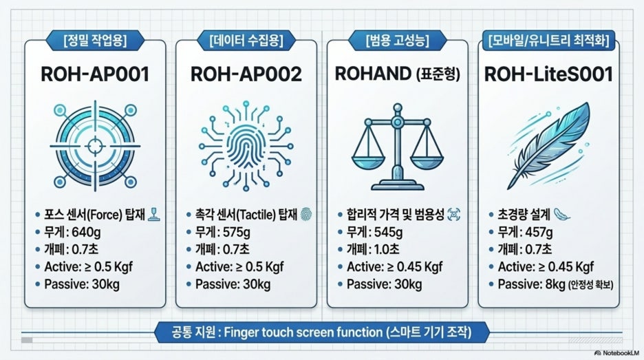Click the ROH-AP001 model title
95,74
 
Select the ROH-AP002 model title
246,74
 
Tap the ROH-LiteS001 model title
548,74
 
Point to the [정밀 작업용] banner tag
95,41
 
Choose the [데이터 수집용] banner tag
246,41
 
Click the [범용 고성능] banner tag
397,41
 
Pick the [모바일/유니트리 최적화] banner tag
549,41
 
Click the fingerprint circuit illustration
246,145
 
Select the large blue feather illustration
549,146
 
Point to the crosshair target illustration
95,145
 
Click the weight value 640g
86,233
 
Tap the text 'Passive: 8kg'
531,284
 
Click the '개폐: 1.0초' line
373,249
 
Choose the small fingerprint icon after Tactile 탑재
306,214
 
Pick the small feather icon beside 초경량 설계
562,214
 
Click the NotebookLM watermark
616,352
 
